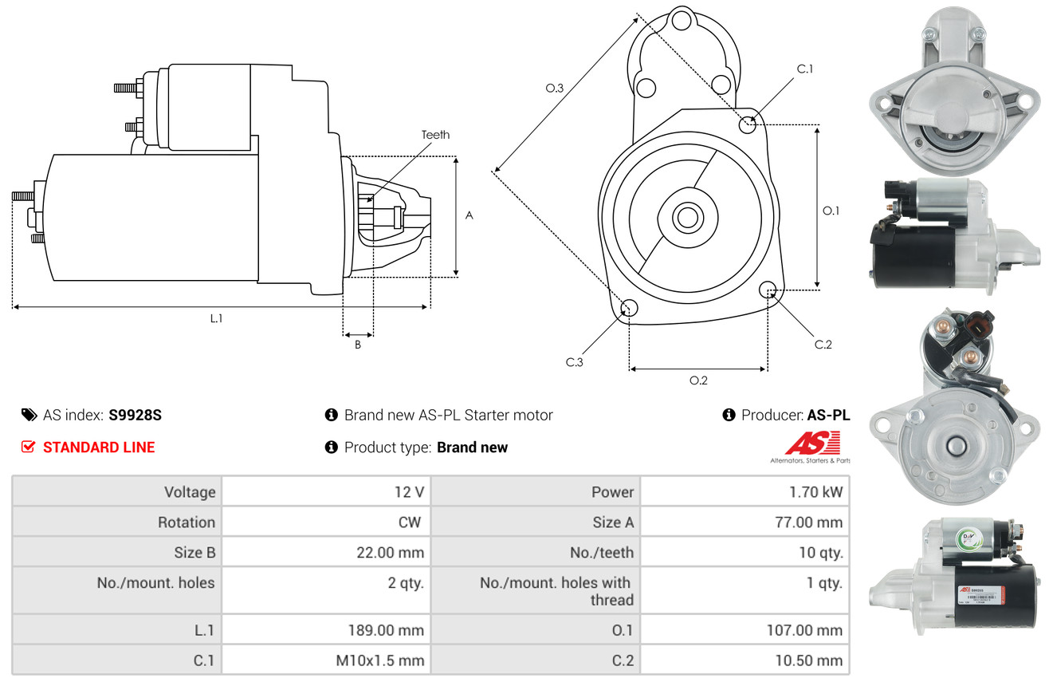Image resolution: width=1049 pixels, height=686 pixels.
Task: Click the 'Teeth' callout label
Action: (x=435, y=135)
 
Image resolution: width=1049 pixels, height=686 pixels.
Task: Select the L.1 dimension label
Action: (x=216, y=318)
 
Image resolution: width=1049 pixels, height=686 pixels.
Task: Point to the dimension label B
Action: (x=358, y=345)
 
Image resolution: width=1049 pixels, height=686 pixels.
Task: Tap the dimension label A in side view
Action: (x=469, y=215)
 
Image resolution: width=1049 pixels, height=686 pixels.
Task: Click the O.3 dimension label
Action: (x=555, y=89)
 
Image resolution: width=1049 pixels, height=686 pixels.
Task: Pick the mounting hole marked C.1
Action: (x=748, y=124)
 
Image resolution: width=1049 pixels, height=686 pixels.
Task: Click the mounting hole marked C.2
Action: (x=768, y=289)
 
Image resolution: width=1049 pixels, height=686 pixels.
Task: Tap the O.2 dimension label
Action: (x=698, y=380)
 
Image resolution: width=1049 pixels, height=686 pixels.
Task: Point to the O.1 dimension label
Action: (x=831, y=211)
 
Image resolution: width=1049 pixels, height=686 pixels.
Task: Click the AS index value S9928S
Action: (x=136, y=415)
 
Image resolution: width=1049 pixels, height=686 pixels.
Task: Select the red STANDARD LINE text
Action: (x=99, y=447)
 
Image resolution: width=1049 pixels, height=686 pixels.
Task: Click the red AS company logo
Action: (x=812, y=444)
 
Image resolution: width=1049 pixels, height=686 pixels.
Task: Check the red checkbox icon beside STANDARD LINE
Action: (x=28, y=447)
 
